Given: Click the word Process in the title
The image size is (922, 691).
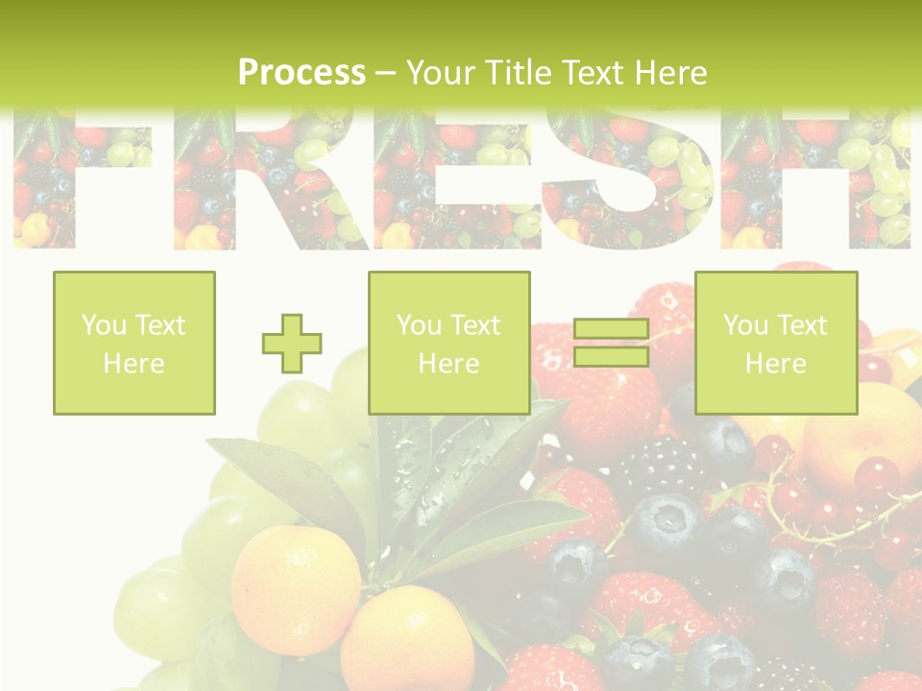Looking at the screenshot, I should [302, 73].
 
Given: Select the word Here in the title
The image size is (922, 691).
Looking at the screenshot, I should [669, 73].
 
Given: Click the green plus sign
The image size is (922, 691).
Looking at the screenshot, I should [292, 344].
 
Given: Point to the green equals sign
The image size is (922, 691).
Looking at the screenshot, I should [611, 344].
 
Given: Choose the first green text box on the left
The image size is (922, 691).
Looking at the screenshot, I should [134, 344].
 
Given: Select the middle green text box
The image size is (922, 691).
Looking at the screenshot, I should [449, 344].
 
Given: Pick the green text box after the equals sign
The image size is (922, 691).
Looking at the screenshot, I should [776, 344].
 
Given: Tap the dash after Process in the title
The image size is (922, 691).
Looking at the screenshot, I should [386, 73].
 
